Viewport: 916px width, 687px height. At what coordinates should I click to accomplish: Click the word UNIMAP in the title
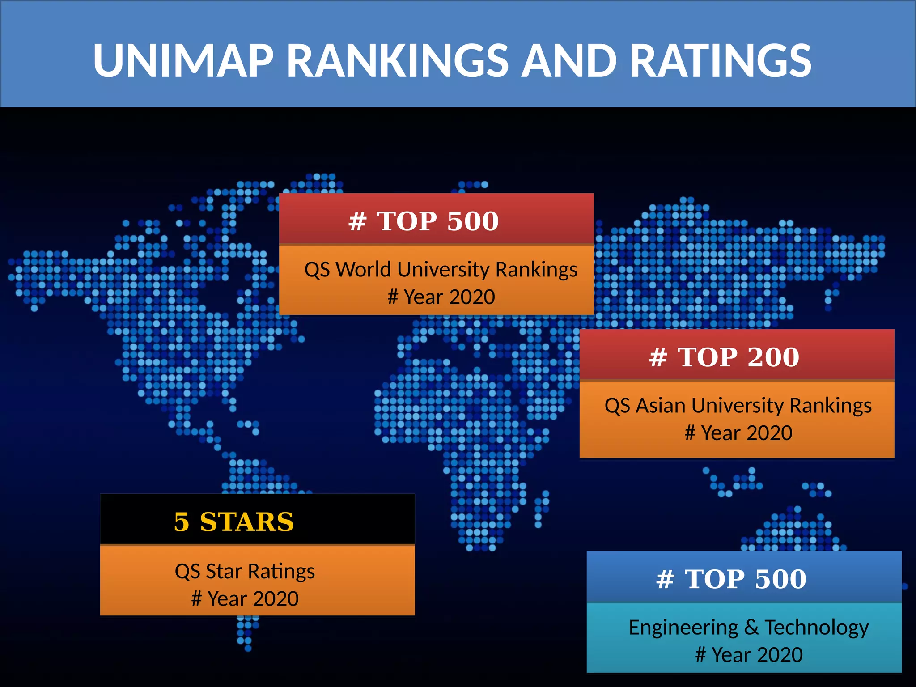tap(183, 60)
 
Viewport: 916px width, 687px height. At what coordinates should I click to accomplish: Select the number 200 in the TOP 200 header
tap(773, 357)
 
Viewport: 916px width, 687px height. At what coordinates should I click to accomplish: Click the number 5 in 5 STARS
tap(181, 522)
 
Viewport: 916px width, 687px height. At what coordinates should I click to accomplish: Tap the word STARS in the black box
tap(247, 522)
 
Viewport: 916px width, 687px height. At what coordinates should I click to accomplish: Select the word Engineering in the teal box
tap(683, 628)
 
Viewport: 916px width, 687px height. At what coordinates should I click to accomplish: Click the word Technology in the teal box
tap(816, 628)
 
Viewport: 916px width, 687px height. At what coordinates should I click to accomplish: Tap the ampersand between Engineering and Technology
tap(751, 628)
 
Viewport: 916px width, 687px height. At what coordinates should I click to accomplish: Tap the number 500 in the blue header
tap(780, 579)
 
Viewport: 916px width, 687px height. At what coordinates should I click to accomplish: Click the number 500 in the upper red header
tap(472, 221)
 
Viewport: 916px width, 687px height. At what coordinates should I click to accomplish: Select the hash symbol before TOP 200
tap(658, 357)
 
